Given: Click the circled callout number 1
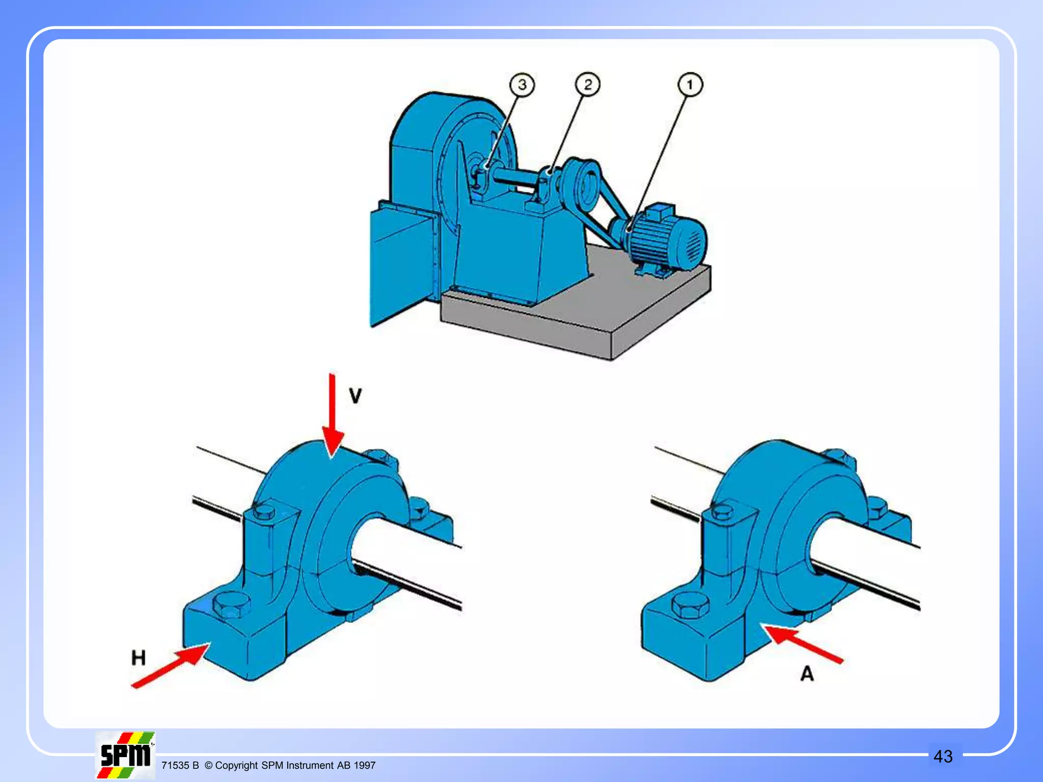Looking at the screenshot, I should coord(690,85).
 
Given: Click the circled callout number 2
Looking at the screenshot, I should coord(588,85).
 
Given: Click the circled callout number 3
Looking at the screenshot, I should coord(523,85).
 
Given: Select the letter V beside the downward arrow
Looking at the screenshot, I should coord(355,396).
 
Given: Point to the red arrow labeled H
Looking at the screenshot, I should coord(171,665).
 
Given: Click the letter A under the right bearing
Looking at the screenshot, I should coord(807,674).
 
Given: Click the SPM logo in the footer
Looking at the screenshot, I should coord(125,756).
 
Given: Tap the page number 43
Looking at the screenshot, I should coord(943,757).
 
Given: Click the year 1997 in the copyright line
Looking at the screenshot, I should coord(365,766).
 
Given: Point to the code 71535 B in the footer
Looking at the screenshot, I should coord(180,766).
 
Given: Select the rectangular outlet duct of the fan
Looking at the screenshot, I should coord(402,265).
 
